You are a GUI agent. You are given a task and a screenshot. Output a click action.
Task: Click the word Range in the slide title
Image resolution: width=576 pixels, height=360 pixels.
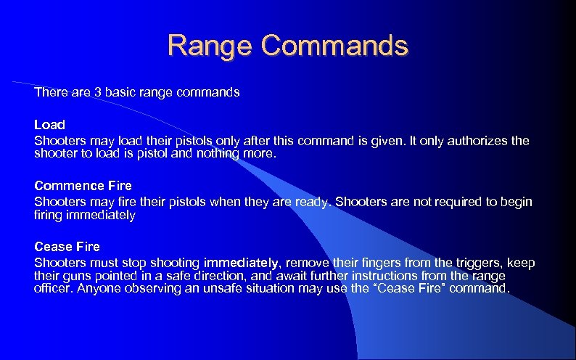210,46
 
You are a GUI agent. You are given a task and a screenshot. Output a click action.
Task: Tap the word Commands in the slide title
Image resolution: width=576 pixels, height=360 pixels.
335,46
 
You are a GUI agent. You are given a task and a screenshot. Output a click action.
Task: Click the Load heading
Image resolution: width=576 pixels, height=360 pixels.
49,125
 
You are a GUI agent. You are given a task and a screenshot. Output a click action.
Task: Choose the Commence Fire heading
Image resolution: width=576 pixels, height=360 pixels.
83,187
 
